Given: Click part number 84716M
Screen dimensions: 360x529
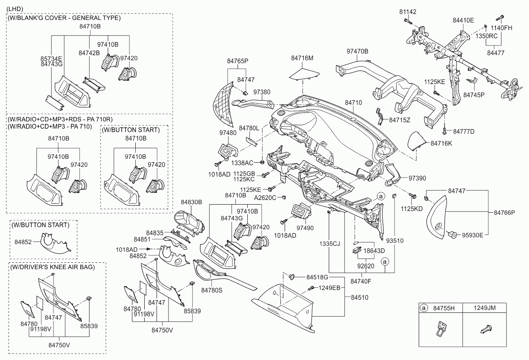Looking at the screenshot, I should (x=302, y=58).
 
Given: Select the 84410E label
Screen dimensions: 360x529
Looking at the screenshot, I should (x=463, y=20).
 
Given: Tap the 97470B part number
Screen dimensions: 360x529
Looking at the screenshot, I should (x=357, y=51).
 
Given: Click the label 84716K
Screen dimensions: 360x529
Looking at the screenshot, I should (x=442, y=143).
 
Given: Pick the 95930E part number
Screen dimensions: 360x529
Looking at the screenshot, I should (x=473, y=234).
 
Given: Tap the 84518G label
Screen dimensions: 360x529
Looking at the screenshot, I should (x=317, y=277).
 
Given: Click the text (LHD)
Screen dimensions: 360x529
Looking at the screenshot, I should (x=15, y=9).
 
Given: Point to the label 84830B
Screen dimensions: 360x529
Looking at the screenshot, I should (x=191, y=202).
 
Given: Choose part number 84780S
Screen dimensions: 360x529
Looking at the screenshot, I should (x=212, y=290).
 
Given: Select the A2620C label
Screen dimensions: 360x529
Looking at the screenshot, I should (x=265, y=197).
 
